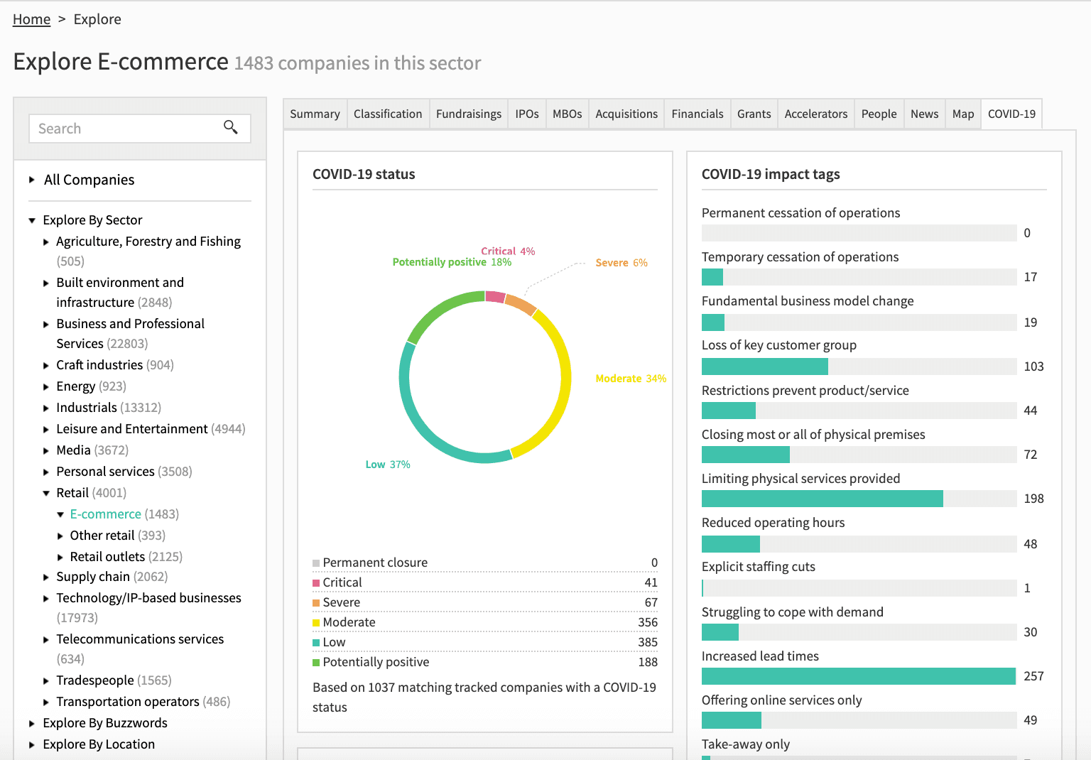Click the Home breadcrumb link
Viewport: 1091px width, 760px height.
coord(31,19)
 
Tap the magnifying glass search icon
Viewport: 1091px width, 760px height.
coord(230,127)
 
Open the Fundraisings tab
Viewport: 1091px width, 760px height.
coord(469,114)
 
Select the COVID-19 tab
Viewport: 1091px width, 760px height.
coord(1011,114)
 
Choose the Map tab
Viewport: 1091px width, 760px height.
coord(963,114)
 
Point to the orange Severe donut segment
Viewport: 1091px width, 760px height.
coord(520,305)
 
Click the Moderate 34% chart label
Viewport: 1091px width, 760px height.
coord(631,379)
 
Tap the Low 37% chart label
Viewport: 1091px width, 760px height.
coord(388,465)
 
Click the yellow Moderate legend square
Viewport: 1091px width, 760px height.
coord(316,623)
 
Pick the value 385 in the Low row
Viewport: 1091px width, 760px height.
coord(648,642)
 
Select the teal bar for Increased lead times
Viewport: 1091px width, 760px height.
coord(859,676)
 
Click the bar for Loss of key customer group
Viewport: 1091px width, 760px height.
coord(765,367)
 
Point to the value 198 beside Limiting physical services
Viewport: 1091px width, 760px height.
coord(1033,499)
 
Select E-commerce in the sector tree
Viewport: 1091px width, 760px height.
coord(106,514)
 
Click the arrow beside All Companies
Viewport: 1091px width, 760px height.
coord(32,180)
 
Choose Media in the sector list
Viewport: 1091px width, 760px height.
coord(74,450)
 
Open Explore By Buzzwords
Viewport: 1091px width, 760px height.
coord(105,723)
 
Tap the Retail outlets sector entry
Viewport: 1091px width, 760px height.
coord(108,557)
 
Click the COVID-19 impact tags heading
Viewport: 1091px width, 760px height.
coord(771,175)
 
